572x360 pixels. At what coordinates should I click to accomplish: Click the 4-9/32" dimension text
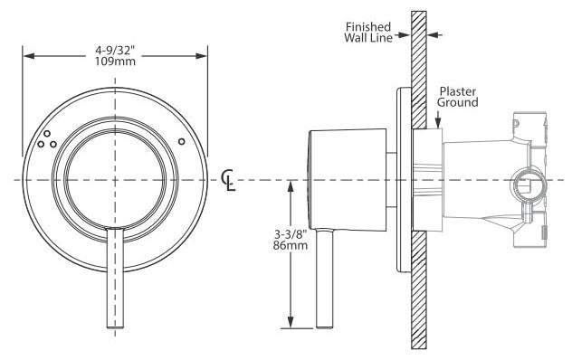pos(115,50)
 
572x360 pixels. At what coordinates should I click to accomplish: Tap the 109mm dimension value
pos(115,61)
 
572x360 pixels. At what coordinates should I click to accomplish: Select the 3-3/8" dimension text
pos(291,233)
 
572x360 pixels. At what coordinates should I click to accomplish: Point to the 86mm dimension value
pos(291,245)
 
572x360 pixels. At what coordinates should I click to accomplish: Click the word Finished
pos(367,27)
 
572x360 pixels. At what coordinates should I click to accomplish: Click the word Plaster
pos(457,91)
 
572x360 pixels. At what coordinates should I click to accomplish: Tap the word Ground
pos(457,102)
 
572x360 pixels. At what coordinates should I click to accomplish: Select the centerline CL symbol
pos(228,181)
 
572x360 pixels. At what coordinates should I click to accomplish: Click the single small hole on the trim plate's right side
pos(181,141)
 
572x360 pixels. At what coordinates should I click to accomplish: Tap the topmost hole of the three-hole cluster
pos(47,134)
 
